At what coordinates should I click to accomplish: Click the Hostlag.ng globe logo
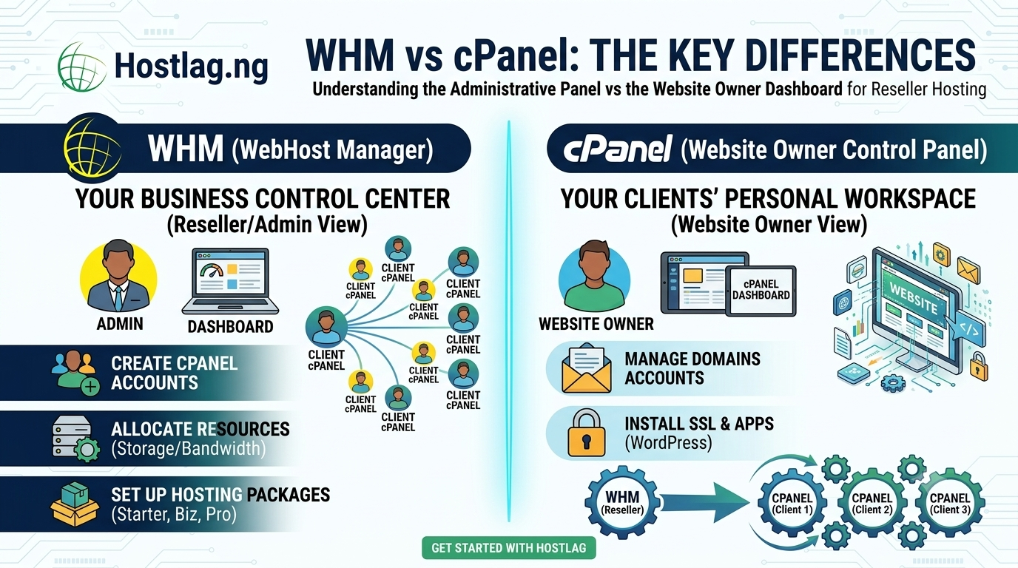(82, 67)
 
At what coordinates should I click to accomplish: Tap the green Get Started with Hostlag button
(508, 547)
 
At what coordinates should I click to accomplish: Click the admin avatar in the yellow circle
(118, 277)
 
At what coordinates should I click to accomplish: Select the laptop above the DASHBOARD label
(230, 281)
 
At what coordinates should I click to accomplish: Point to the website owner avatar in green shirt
(594, 277)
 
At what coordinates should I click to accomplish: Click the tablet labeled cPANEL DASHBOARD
(761, 291)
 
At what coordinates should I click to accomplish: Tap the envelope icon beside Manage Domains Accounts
(586, 368)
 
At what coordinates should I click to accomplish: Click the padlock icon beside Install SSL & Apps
(586, 433)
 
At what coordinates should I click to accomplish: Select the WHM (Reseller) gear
(622, 502)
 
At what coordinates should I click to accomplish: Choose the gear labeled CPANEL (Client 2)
(872, 503)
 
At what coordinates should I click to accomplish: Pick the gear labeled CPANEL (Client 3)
(950, 503)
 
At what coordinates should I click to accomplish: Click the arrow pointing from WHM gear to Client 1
(704, 503)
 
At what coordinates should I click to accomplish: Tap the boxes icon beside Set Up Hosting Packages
(75, 504)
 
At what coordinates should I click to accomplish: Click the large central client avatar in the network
(326, 327)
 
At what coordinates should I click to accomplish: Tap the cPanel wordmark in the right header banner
(618, 149)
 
